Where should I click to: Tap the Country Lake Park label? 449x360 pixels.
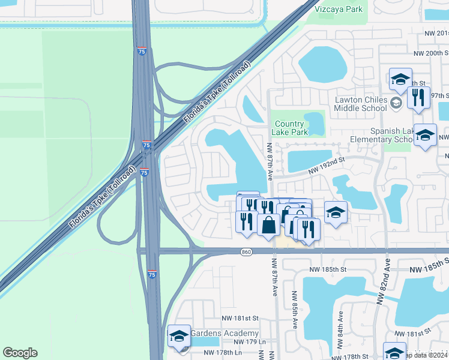pyautogui.click(x=289, y=128)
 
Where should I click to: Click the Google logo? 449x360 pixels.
pyautogui.click(x=20, y=353)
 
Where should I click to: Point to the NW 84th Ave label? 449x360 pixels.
pyautogui.click(x=340, y=329)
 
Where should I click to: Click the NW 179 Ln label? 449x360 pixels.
pyautogui.click(x=239, y=342)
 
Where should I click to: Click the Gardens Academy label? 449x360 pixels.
pyautogui.click(x=224, y=333)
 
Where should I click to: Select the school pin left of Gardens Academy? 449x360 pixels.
pyautogui.click(x=179, y=337)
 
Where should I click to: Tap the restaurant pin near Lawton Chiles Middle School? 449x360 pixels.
pyautogui.click(x=418, y=97)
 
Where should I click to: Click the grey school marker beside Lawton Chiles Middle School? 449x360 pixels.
pyautogui.click(x=396, y=103)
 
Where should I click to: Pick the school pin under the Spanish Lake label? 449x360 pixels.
pyautogui.click(x=425, y=136)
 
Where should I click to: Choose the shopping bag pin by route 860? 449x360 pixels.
pyautogui.click(x=268, y=224)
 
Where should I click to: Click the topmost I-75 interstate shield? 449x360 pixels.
pyautogui.click(x=142, y=52)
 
